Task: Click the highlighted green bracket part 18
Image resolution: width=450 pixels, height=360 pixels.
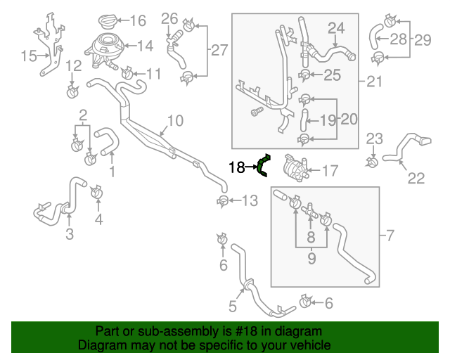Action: click(263, 166)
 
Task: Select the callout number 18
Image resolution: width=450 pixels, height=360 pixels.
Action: click(236, 167)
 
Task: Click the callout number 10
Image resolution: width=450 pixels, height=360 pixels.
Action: click(175, 121)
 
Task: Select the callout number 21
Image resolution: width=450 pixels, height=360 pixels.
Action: click(375, 82)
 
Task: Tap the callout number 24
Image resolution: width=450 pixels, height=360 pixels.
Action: click(337, 29)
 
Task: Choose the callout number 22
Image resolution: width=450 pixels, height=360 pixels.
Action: click(416, 179)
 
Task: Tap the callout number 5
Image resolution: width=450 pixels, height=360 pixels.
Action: click(232, 306)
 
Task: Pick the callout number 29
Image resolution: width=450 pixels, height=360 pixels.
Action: click(423, 40)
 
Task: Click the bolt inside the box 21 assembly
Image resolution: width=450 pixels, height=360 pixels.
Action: click(255, 112)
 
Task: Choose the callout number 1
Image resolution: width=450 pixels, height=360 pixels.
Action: click(111, 171)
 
